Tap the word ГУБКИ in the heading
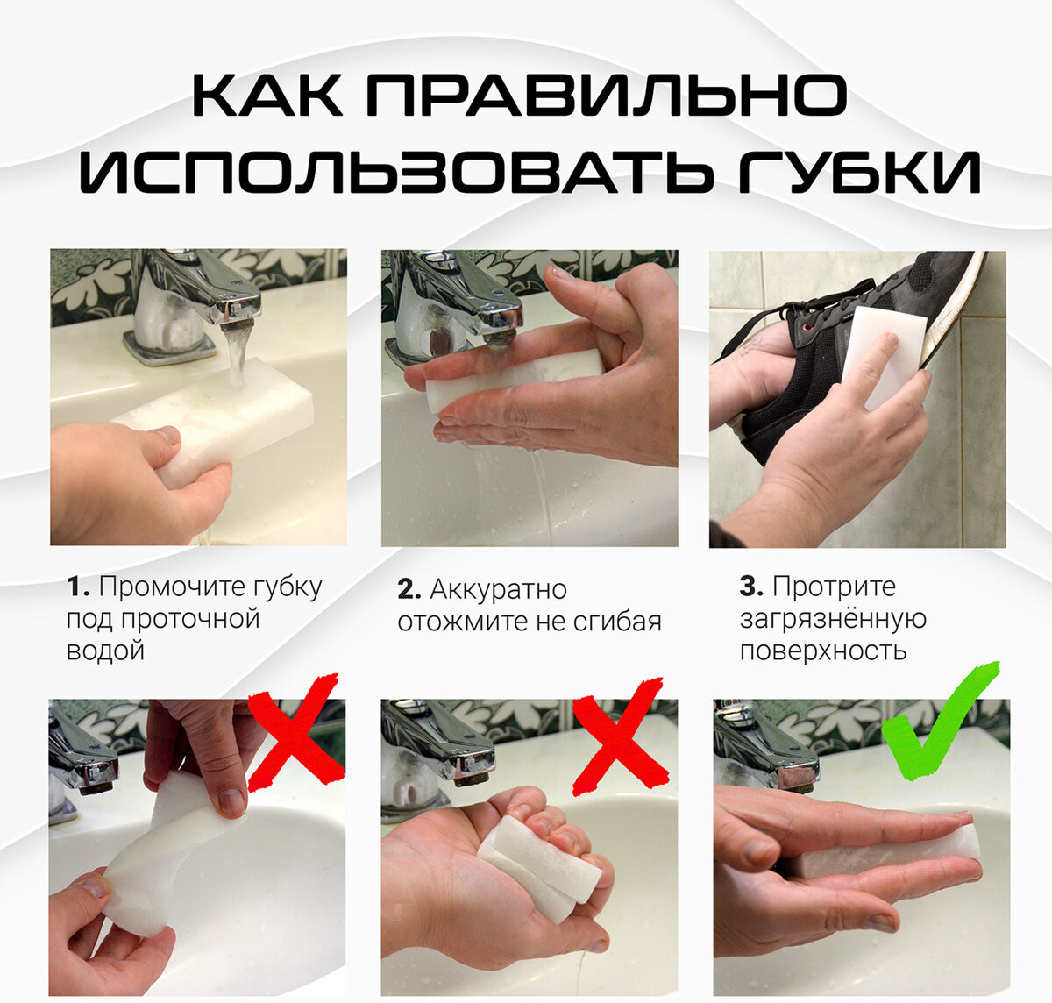click(x=860, y=172)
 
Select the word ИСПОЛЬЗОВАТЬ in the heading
click(x=396, y=172)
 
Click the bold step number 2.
click(x=409, y=589)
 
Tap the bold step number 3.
click(x=750, y=587)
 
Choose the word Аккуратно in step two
click(x=498, y=590)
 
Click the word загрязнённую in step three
click(x=833, y=620)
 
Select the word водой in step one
click(x=105, y=651)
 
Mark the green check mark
click(x=940, y=722)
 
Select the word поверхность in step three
click(x=823, y=651)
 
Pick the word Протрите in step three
click(x=834, y=587)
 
